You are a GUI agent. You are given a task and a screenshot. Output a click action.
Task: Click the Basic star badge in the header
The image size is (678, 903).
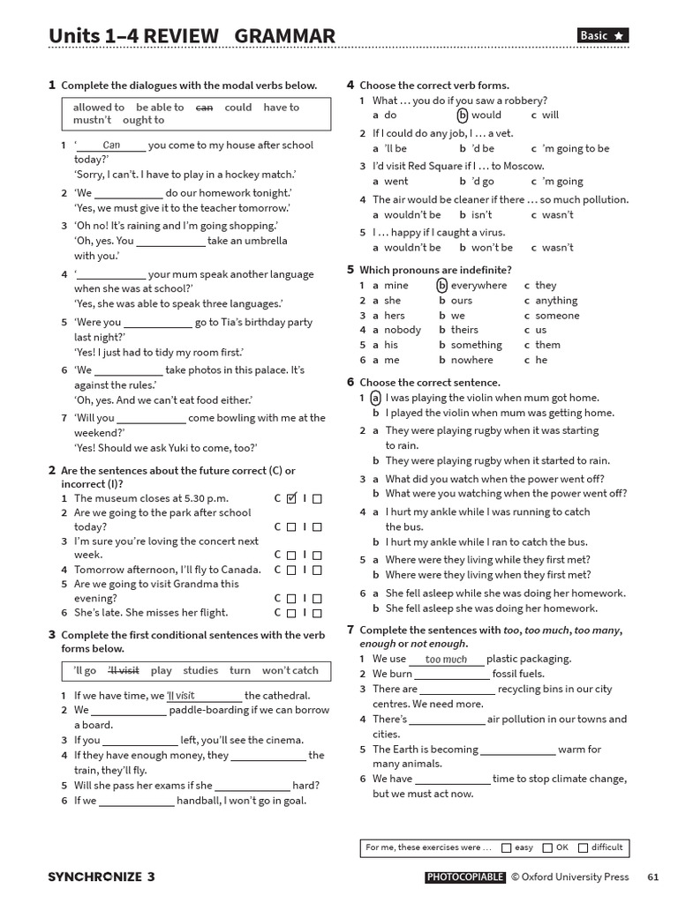coord(603,35)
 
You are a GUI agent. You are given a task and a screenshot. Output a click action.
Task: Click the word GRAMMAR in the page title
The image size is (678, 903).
coord(285,36)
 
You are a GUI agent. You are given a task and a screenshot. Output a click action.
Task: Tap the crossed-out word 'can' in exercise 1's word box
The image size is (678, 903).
coord(204,108)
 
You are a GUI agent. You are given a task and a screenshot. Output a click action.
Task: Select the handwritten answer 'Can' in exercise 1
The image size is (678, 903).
coord(111,146)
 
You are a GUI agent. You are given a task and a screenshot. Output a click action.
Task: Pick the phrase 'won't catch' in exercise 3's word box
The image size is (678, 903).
coord(290,671)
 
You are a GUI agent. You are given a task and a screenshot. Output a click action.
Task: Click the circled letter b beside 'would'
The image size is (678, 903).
coord(462,115)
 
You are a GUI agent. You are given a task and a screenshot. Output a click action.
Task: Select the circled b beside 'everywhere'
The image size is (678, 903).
coord(441,286)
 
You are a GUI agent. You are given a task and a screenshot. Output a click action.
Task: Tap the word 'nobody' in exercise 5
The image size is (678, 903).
coord(403,331)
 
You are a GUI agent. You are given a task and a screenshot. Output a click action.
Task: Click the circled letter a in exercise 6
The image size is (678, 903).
coord(376,399)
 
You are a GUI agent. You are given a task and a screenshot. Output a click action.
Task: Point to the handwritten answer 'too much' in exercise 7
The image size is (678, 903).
coord(446,660)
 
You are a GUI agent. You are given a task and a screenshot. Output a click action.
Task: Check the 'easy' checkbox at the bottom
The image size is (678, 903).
coord(506,848)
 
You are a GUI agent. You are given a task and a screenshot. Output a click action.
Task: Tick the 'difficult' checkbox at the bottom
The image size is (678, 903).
coord(583,848)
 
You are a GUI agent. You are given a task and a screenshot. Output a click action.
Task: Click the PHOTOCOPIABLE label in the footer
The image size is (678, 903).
coord(465,877)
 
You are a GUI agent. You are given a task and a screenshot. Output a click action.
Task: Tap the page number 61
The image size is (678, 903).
coord(653,877)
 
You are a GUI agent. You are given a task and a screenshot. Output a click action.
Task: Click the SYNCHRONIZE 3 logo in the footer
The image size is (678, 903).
coord(101,877)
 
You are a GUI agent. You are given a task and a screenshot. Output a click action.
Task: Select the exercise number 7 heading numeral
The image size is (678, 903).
coord(350,630)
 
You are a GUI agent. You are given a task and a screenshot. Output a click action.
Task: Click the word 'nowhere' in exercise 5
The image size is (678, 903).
coord(471,361)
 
